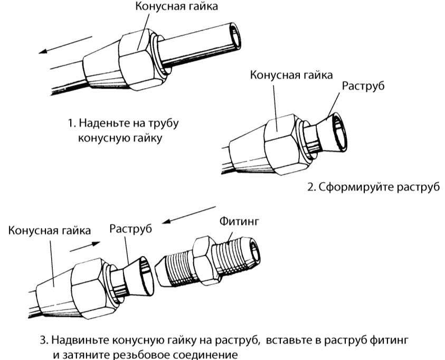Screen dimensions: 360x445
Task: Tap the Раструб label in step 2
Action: tap(361, 86)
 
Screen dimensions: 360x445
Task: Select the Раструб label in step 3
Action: tap(130, 229)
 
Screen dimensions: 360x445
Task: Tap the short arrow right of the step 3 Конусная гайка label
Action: tap(84, 246)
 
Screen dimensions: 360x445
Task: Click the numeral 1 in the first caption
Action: tap(70, 125)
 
